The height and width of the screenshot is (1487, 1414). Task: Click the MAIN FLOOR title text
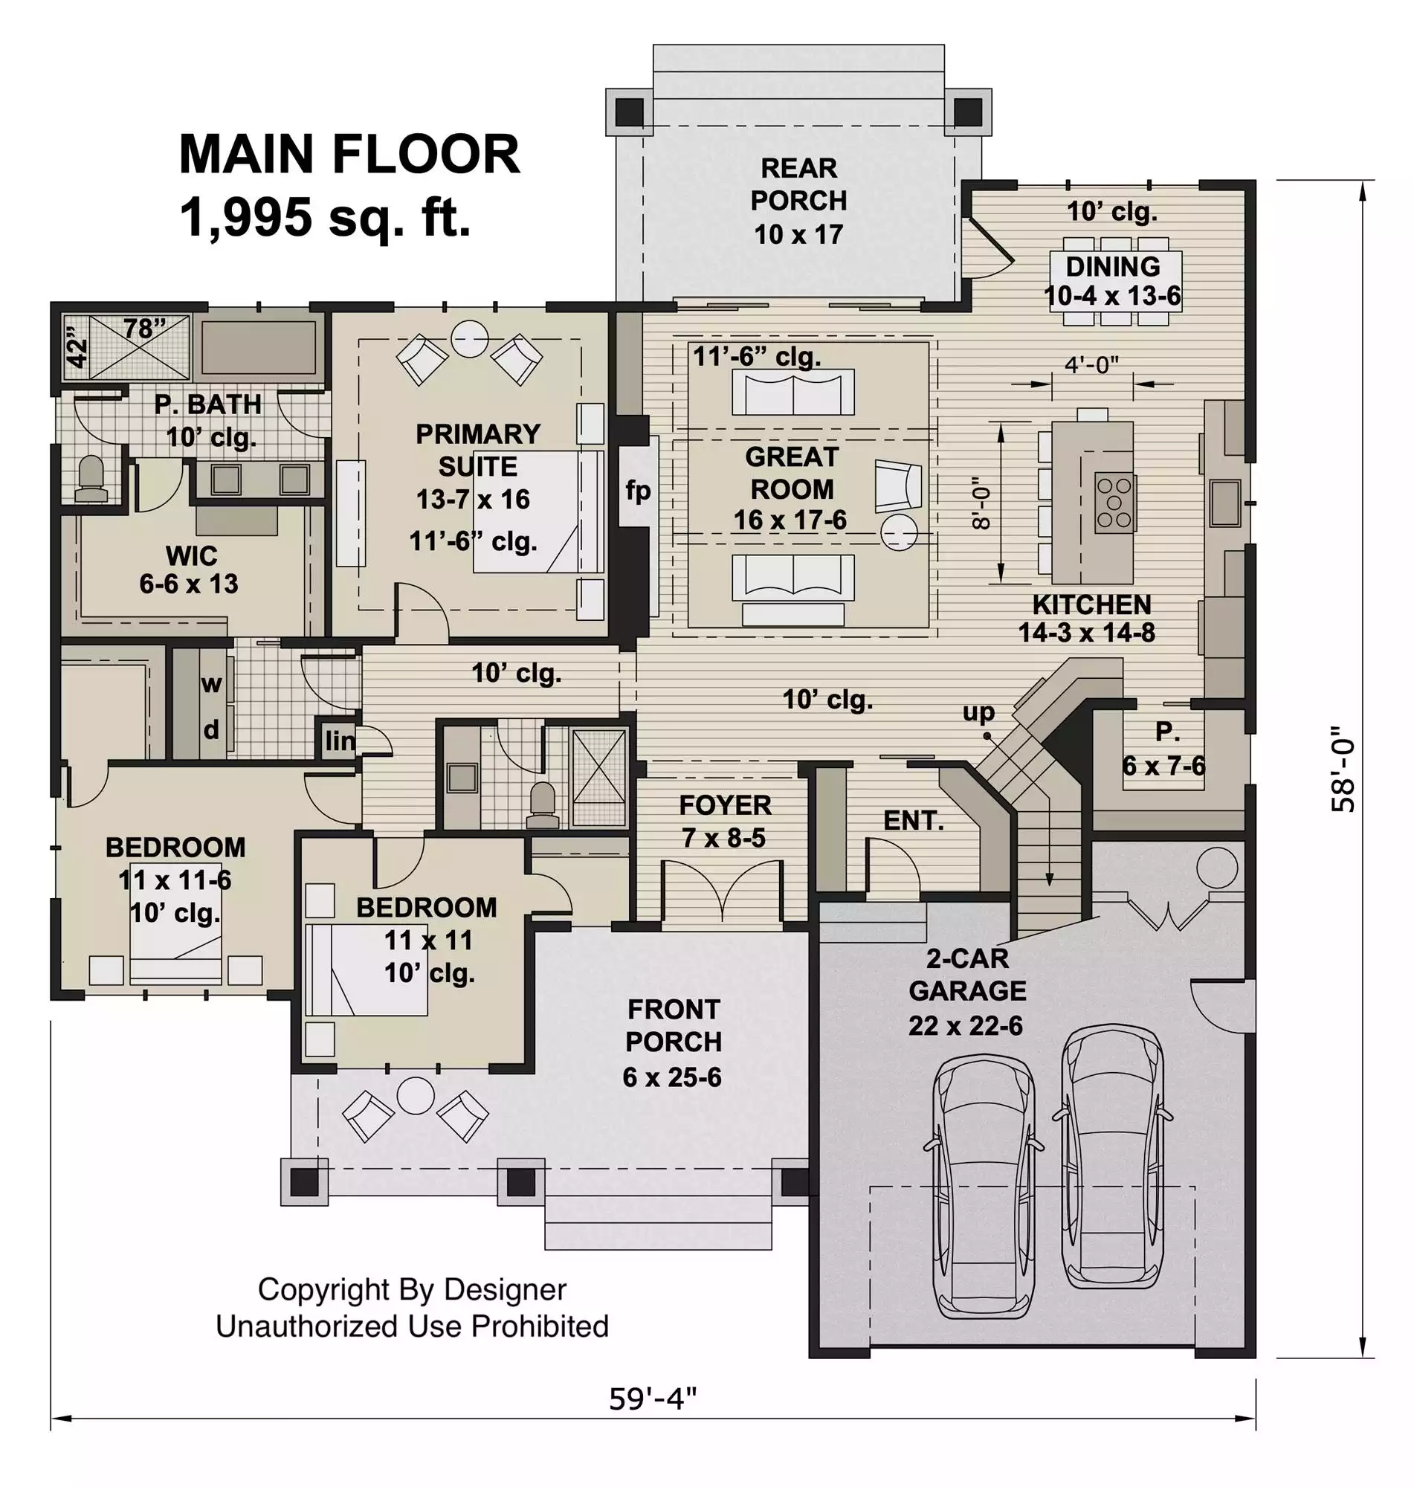point(349,155)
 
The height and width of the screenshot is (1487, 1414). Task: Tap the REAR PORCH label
point(799,184)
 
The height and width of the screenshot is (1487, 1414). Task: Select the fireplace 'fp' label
point(638,491)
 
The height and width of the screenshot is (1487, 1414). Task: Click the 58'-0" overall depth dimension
point(1343,770)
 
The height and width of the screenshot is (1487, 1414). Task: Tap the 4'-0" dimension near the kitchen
point(1091,365)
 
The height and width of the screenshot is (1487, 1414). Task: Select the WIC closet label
point(192,555)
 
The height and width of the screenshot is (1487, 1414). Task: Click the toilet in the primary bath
point(91,480)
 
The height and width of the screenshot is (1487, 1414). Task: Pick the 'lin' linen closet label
point(339,741)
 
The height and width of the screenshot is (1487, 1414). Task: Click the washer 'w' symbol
point(211,684)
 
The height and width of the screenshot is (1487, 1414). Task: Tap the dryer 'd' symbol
point(212,729)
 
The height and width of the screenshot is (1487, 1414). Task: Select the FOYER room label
point(725,805)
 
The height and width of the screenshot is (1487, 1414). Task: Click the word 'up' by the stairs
point(978,712)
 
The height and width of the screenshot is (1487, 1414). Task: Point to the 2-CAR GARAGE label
point(968,975)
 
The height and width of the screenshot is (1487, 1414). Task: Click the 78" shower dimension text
point(145,329)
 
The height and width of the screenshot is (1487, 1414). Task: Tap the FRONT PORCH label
point(674,1025)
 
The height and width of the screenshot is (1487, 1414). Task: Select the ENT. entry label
point(914,820)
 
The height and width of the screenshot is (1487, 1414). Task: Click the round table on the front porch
point(416,1095)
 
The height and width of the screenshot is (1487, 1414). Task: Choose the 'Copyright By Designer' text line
point(413,1289)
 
